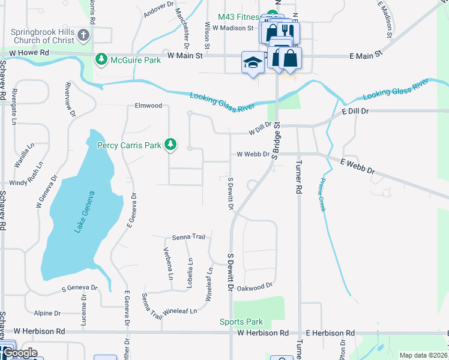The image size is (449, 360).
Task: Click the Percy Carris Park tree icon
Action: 171,144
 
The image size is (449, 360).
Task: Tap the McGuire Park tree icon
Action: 101,59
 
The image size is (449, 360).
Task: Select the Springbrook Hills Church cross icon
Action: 83,35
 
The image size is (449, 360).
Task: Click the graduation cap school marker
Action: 253,62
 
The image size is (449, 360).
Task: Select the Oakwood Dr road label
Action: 256,287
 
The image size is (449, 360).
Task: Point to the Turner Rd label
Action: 298,180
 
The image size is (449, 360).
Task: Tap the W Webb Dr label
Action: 253,154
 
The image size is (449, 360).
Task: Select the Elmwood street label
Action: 148,106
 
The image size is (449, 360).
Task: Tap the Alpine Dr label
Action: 47,313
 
